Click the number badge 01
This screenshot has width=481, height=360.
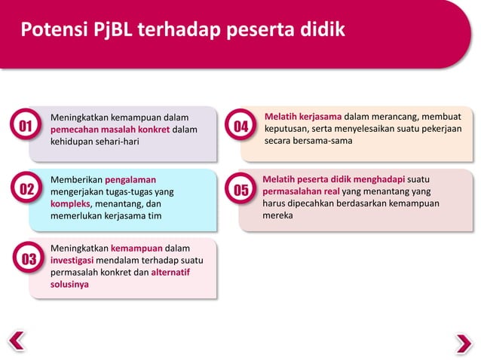26,126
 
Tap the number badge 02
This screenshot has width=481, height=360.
26,189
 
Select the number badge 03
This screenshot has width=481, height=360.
29,261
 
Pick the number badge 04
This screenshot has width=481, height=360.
240,127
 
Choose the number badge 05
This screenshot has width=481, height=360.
240,190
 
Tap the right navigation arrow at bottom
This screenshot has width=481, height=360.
464,342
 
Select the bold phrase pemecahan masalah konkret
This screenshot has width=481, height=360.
109,130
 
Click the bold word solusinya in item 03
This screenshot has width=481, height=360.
69,285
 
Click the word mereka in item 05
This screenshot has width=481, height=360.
277,215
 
